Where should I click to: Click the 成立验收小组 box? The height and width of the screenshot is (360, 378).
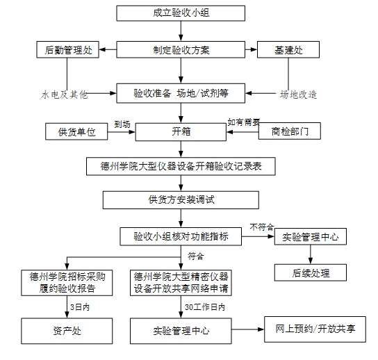181,13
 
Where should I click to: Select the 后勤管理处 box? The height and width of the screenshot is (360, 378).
67,49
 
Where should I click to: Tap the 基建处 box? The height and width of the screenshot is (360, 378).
288,49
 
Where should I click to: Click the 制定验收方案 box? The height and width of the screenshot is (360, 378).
181,49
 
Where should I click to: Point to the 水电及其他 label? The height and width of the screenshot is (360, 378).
64,95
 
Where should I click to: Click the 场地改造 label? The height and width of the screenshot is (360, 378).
298,95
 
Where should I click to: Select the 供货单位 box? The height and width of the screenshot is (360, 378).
76,131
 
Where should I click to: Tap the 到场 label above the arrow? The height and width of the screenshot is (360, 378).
122,124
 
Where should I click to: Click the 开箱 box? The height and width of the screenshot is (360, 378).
181,132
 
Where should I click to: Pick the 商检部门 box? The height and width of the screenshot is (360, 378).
290,131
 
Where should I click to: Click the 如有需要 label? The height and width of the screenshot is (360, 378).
244,122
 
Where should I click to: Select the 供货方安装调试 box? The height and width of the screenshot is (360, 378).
181,200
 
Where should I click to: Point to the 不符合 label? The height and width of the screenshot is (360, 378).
262,227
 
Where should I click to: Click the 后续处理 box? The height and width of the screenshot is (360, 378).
311,272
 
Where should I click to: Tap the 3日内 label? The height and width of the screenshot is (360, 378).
80,307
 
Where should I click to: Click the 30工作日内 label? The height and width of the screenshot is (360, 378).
205,307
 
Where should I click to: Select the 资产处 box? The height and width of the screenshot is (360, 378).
67,331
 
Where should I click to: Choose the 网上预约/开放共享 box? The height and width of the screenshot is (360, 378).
315,329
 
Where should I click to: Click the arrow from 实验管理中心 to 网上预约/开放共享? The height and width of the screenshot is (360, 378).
248,329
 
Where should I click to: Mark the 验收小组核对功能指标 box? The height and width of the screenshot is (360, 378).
181,236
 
